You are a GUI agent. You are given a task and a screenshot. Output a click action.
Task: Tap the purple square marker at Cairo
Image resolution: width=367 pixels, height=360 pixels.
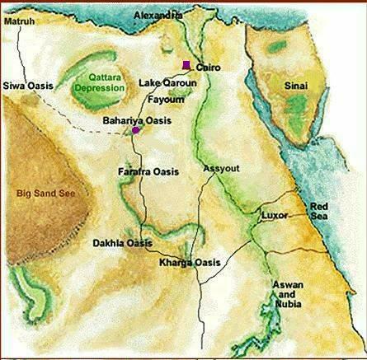pyautogui.click(x=187, y=64)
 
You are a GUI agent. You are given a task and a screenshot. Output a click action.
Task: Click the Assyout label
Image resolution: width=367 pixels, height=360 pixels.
pyautogui.click(x=221, y=168)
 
